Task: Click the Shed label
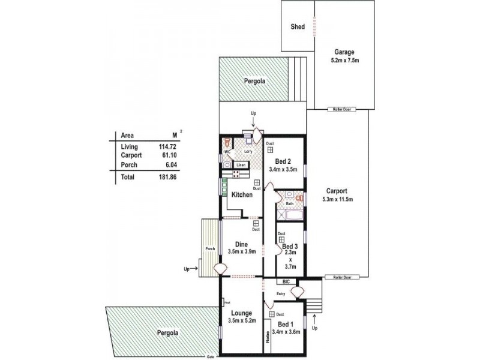298,27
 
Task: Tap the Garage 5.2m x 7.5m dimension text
344,61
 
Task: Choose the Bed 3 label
290,246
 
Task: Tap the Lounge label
241,313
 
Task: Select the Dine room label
242,244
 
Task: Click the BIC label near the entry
286,281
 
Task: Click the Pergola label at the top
254,81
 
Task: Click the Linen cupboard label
241,164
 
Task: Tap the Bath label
289,203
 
